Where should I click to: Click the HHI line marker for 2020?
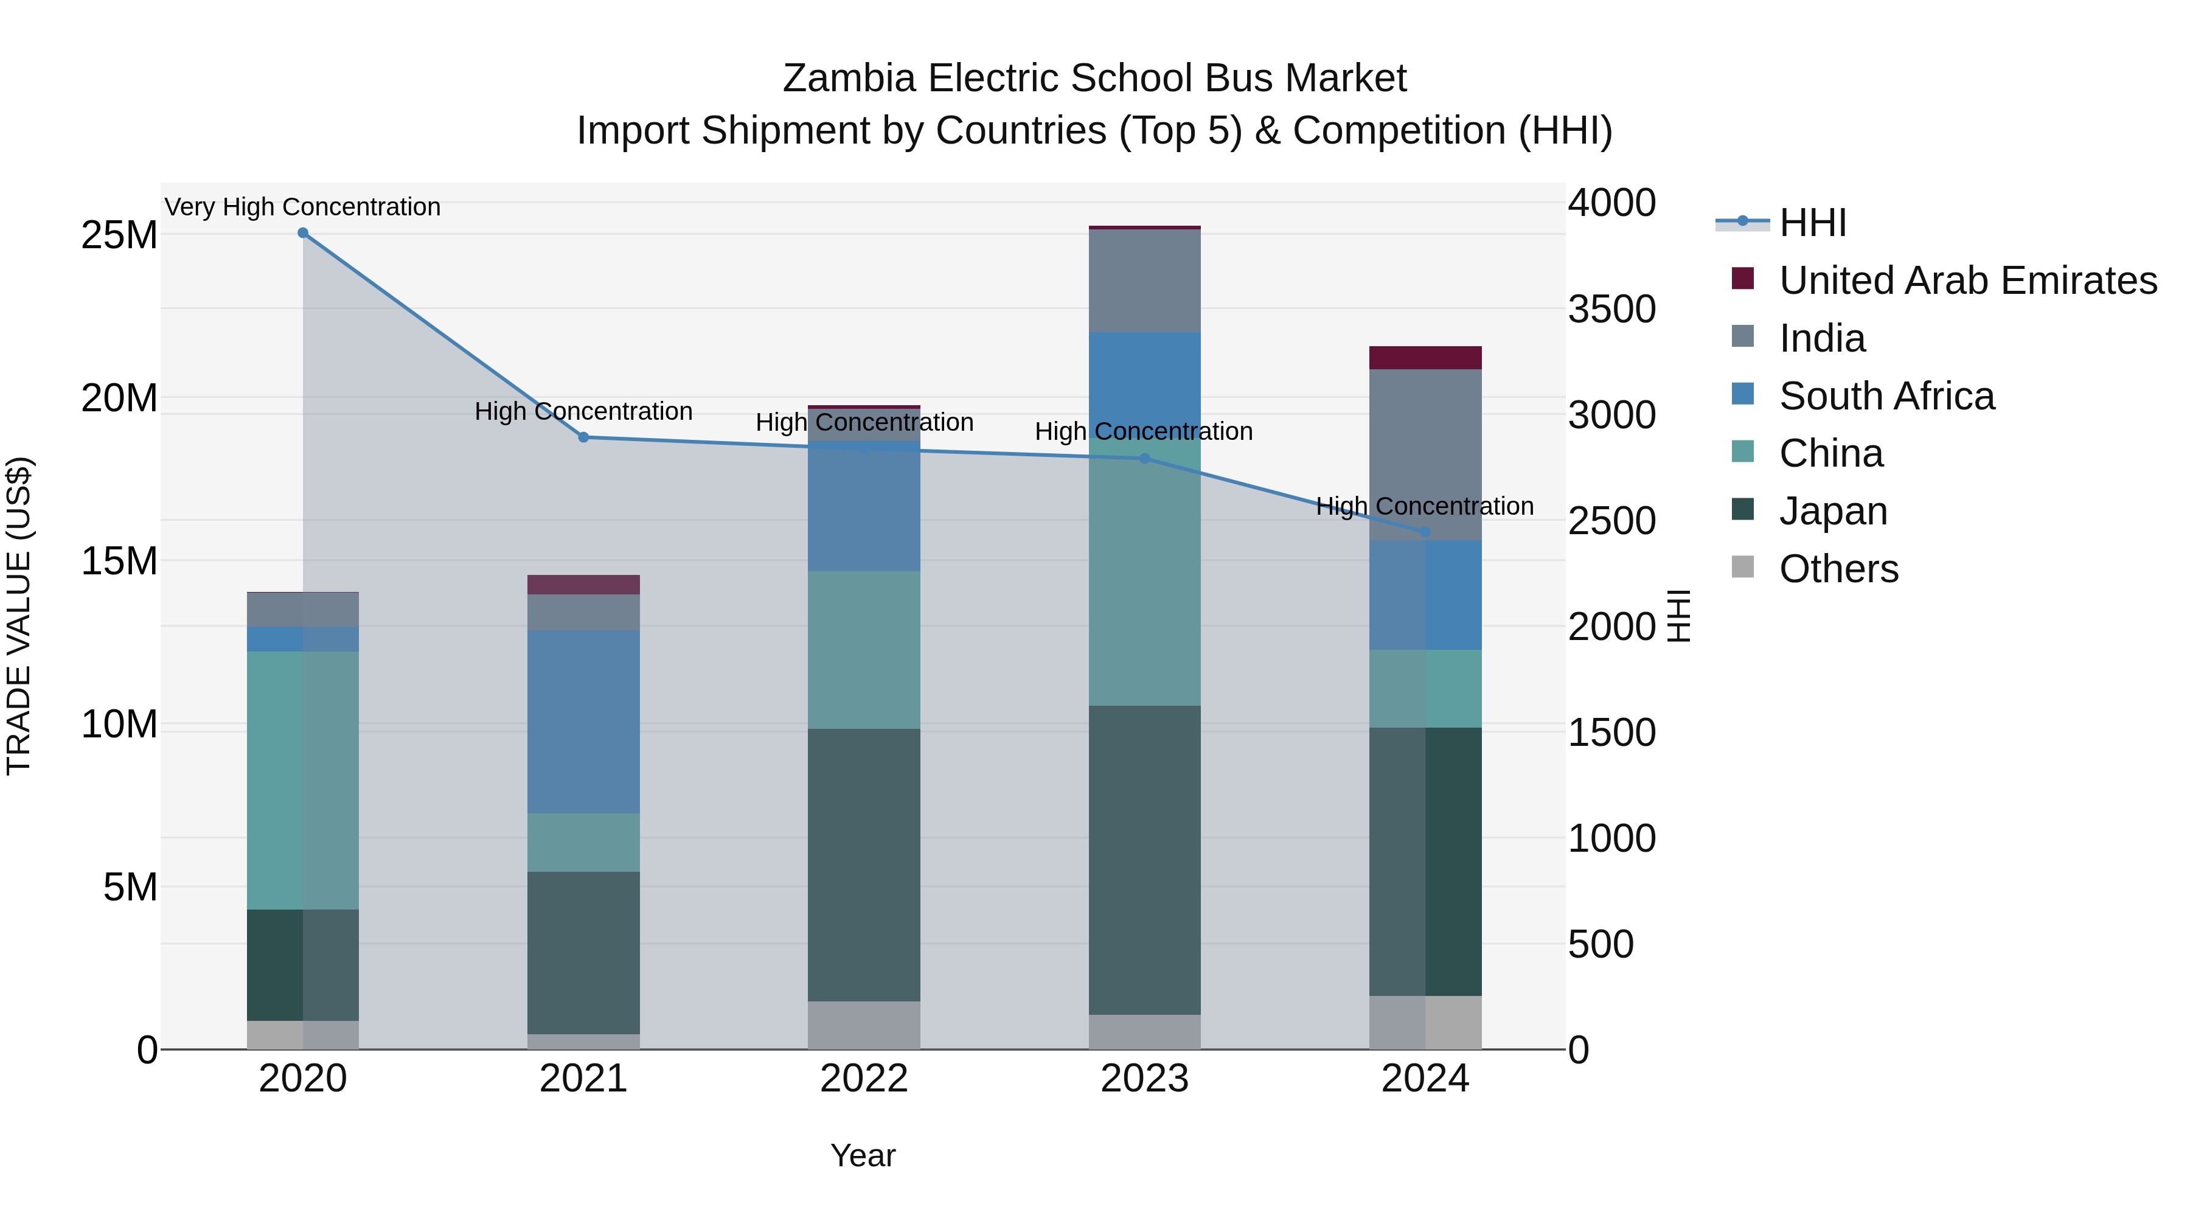303,233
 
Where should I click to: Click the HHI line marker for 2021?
583,437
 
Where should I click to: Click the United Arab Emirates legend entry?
1967,280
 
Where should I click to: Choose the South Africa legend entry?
1886,396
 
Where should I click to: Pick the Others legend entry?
1838,569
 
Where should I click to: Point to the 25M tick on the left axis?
119,235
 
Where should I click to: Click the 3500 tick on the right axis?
1612,310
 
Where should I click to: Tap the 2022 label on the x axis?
864,1079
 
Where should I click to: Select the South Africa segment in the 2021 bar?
583,721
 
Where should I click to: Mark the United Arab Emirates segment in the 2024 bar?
1425,358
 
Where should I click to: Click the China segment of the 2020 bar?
303,780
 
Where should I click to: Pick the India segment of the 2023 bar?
1144,280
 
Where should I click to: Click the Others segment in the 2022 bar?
864,1025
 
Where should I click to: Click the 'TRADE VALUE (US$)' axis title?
19,616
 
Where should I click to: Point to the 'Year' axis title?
862,1155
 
